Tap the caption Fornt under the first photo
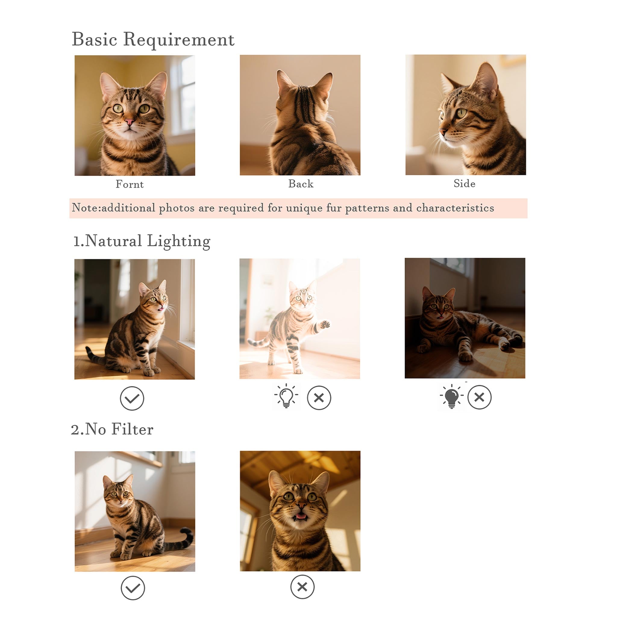129,184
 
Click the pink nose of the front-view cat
129,122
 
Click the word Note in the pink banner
84,208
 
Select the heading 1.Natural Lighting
142,241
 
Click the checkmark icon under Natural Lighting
132,398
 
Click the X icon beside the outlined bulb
319,398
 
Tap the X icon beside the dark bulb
479,397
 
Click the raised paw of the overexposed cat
325,324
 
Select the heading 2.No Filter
112,429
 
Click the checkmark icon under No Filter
133,588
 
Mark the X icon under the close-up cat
302,587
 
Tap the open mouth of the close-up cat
300,516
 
